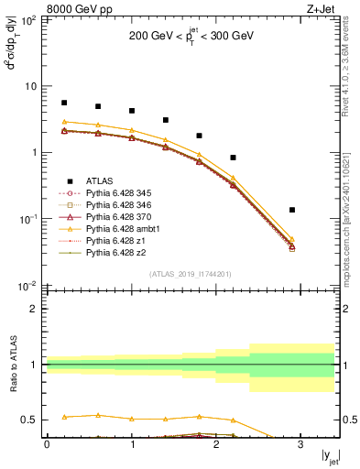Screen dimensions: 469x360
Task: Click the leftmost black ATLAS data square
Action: click(x=64, y=103)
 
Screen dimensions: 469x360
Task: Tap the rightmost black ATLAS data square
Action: click(x=292, y=210)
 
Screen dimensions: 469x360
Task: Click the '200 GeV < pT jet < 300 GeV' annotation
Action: click(x=191, y=38)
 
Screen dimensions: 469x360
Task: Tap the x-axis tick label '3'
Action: click(x=300, y=442)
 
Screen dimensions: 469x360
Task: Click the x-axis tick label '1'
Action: click(x=131, y=442)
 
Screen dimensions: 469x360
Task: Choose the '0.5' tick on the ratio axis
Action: click(x=30, y=420)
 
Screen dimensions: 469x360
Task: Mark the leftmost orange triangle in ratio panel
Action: click(x=64, y=417)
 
